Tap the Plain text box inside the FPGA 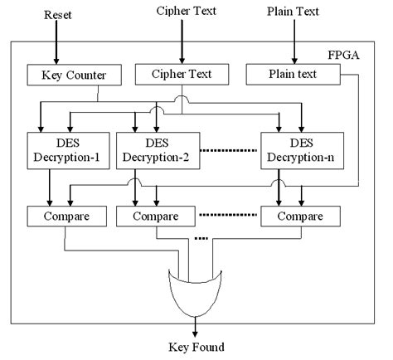pyautogui.click(x=293, y=74)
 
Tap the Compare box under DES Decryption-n pyautogui.click(x=300, y=217)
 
